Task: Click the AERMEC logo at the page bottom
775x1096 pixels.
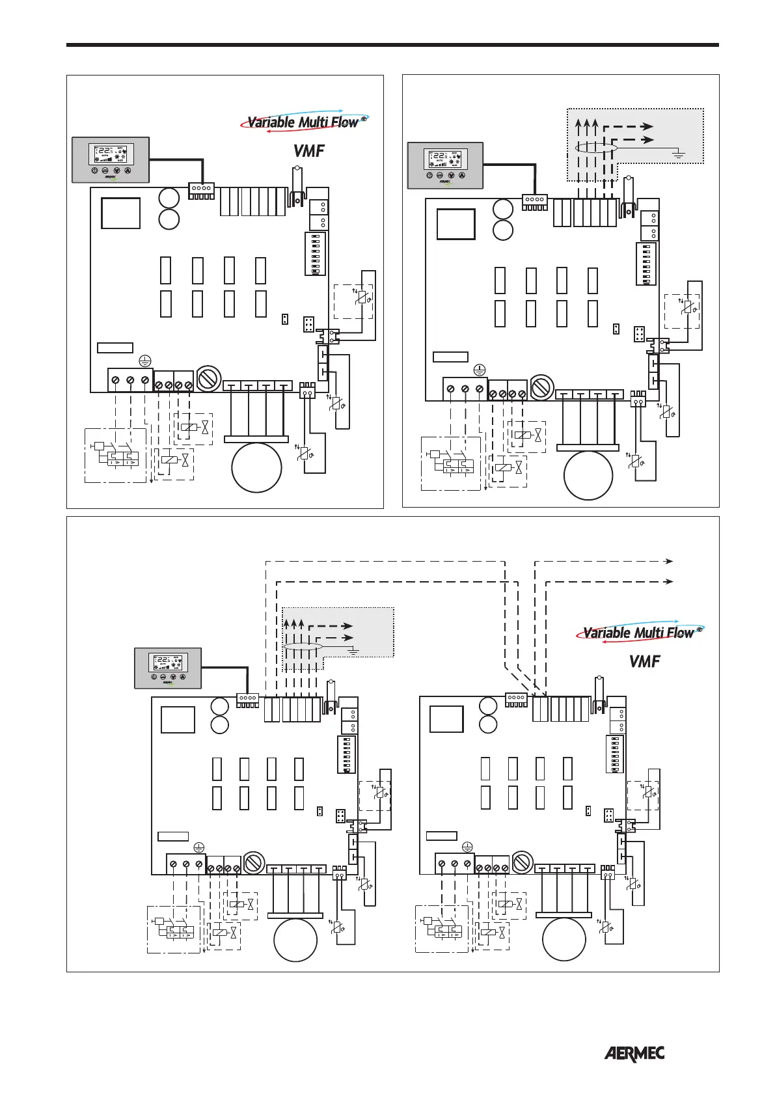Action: [x=634, y=1054]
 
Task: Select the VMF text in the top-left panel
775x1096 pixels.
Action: [x=308, y=151]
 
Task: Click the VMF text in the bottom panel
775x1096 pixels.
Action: [x=644, y=662]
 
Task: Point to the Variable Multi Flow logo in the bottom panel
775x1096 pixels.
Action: [x=640, y=632]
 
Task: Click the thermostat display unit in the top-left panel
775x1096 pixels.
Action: [x=111, y=159]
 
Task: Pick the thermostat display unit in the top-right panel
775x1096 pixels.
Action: [x=445, y=165]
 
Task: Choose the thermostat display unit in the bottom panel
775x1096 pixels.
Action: [x=168, y=668]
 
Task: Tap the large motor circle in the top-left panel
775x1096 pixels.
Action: [x=256, y=468]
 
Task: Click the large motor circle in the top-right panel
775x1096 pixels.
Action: [x=588, y=475]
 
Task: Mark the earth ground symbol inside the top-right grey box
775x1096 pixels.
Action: [x=678, y=154]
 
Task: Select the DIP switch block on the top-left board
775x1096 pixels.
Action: [x=316, y=254]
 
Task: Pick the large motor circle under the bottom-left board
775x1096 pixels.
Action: [x=295, y=939]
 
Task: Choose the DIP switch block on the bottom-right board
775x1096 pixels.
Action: [x=614, y=754]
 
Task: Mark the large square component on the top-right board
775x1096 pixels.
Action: [x=455, y=225]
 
